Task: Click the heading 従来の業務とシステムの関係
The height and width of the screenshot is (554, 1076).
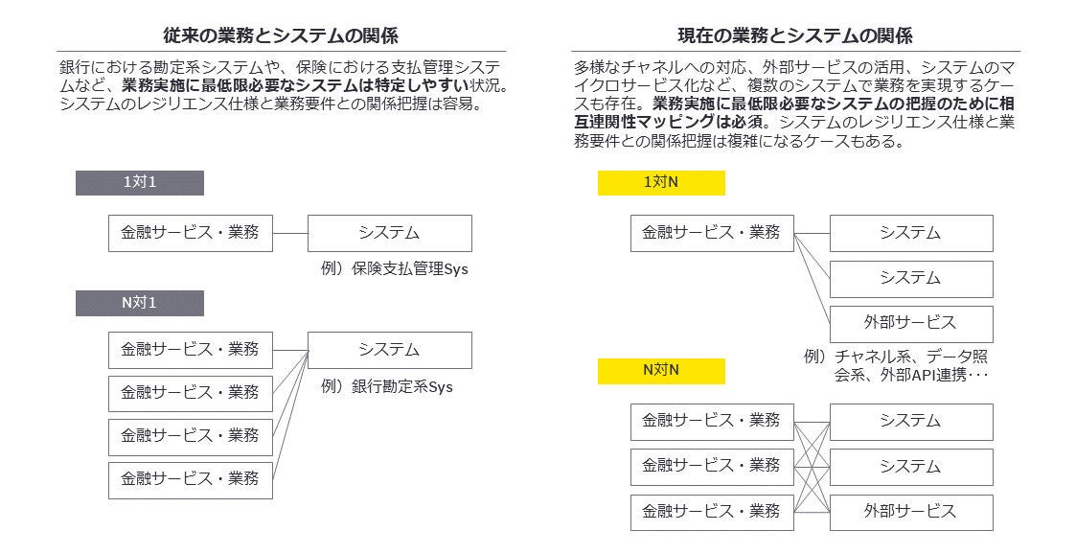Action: [x=281, y=36]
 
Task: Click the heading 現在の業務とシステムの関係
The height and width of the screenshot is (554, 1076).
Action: [x=795, y=36]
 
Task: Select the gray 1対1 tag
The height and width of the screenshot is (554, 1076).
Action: [x=140, y=183]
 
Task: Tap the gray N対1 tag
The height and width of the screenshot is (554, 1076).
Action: [x=140, y=304]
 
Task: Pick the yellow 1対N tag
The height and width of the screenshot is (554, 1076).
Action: [x=661, y=183]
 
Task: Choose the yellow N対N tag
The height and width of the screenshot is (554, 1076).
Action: [x=661, y=371]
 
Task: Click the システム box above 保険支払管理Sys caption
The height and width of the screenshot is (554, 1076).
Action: [x=389, y=233]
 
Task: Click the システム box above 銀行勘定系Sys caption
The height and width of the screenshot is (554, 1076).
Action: [x=389, y=350]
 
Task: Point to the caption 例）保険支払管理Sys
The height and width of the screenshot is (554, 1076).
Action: [x=394, y=269]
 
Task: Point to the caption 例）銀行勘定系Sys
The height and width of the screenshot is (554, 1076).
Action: [x=386, y=387]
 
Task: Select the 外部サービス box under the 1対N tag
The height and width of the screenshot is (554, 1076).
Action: [x=910, y=323]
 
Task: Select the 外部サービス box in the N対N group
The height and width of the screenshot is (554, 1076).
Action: [x=910, y=512]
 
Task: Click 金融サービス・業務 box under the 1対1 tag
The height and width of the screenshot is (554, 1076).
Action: [x=190, y=233]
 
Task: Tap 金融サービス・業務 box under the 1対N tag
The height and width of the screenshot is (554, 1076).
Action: [x=712, y=233]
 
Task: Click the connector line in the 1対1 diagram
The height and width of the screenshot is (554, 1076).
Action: [x=289, y=233]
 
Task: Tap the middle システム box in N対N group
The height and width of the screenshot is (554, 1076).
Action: [x=910, y=467]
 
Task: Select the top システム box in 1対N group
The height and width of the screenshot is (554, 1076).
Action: [x=910, y=233]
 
